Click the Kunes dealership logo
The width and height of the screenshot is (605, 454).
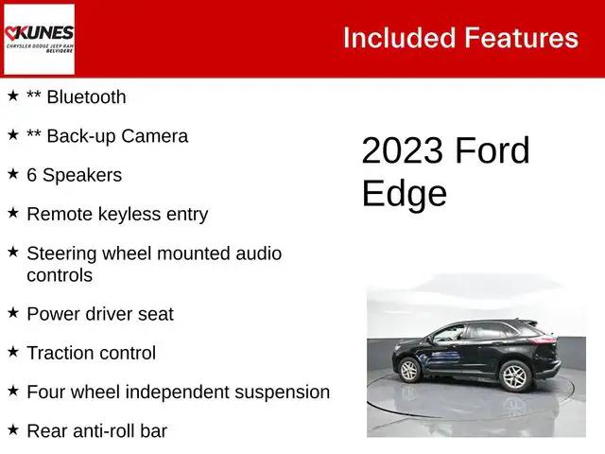39,39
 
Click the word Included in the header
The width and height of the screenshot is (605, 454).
397,38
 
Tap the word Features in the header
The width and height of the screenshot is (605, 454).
521,38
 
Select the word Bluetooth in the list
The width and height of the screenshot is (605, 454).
85,96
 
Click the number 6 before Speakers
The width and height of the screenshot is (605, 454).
32,175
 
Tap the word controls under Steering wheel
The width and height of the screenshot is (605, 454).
60,275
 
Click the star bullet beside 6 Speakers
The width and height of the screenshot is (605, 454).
13,174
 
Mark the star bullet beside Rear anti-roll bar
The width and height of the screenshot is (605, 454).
13,430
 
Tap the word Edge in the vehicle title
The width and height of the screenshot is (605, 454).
404,193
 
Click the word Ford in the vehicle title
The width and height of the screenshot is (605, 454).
493,151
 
